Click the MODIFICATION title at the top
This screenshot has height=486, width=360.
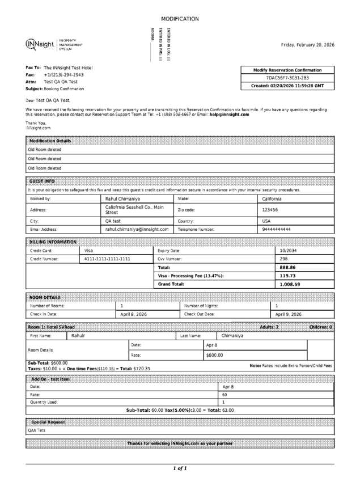pyautogui.click(x=180, y=19)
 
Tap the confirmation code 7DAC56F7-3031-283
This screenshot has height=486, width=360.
pyautogui.click(x=287, y=78)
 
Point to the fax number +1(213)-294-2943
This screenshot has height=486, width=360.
pyautogui.click(x=63, y=74)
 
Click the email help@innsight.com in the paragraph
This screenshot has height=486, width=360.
pyautogui.click(x=229, y=114)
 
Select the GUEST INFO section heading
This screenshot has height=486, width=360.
pyautogui.click(x=42, y=181)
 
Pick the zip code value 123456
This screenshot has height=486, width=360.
pyautogui.click(x=270, y=209)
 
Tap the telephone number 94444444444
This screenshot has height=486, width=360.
pyautogui.click(x=276, y=229)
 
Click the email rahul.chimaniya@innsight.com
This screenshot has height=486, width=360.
pyautogui.click(x=137, y=229)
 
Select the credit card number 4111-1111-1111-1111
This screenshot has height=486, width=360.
pyautogui.click(x=107, y=259)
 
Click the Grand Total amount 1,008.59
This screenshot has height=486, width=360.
pyautogui.click(x=290, y=284)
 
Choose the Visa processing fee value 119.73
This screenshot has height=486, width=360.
pyautogui.click(x=288, y=276)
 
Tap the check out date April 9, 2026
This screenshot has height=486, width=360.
pyautogui.click(x=289, y=314)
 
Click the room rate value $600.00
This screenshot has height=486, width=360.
pyautogui.click(x=214, y=355)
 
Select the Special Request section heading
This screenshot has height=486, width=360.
pyautogui.click(x=48, y=422)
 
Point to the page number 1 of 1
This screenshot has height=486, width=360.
pyautogui.click(x=180, y=468)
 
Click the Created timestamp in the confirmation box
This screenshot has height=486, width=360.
pyautogui.click(x=287, y=86)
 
